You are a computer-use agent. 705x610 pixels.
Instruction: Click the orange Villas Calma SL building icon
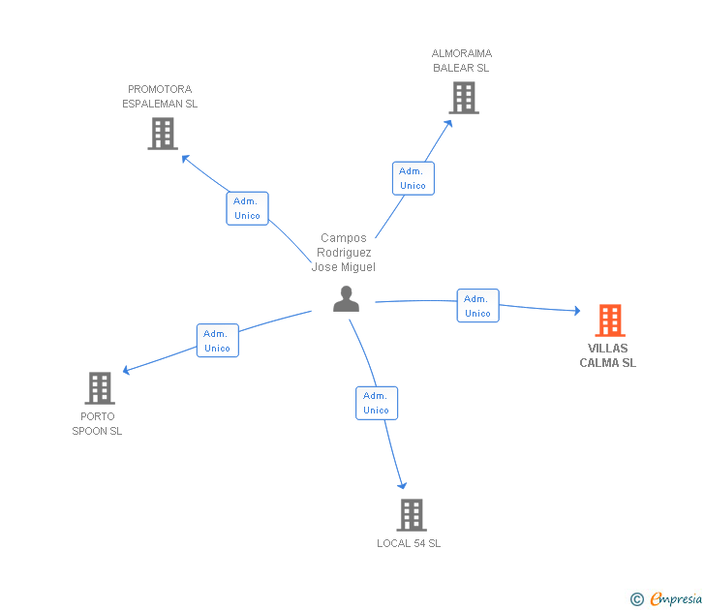pos(609,320)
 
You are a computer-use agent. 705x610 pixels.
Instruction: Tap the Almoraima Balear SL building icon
pos(464,98)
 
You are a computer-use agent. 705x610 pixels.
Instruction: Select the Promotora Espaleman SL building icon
pos(163,134)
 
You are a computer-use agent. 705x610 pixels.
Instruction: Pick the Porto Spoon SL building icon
pos(100,388)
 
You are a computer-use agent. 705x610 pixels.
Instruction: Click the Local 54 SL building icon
pos(412,515)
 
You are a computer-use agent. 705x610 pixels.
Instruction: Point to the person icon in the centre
pos(346,299)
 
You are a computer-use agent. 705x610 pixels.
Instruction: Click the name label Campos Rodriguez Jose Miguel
pos(344,253)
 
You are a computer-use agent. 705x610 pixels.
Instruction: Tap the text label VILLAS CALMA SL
pos(607,355)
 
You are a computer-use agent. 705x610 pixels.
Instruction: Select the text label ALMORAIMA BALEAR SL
pos(462,61)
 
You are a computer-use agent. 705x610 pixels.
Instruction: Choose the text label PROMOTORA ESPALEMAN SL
pos(160,96)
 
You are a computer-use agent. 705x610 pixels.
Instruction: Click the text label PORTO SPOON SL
pos(97,424)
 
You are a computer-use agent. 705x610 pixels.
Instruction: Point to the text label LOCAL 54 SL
pos(409,543)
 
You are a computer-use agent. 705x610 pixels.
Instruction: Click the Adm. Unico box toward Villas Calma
pos(477,306)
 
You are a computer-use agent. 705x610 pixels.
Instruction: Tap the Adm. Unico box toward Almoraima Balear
pos(413,178)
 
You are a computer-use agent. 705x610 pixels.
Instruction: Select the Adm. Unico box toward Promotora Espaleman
pos(247,208)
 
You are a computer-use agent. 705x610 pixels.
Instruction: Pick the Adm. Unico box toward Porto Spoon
pos(218,341)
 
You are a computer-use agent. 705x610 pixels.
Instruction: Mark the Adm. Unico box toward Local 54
pos(376,403)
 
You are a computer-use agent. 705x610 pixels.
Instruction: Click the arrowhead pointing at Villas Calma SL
pos(576,311)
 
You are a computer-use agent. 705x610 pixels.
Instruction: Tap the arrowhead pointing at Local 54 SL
pos(403,486)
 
